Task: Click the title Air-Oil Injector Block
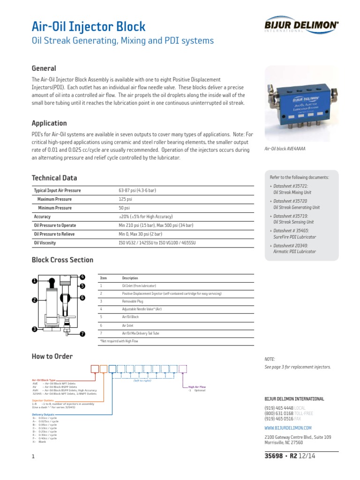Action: tap(89, 26)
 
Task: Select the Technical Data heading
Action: tap(54, 178)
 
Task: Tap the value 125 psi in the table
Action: tap(126, 199)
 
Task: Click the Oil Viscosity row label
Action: tap(45, 243)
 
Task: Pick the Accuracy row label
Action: tap(42, 217)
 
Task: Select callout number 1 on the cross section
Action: tap(34, 280)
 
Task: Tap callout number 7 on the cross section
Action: tap(82, 334)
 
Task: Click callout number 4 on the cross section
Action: tap(82, 277)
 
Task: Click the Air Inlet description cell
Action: tap(128, 325)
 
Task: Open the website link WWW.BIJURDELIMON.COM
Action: tap(288, 428)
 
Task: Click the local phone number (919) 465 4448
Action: tap(279, 408)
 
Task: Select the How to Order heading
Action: tap(52, 356)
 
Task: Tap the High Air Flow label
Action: tap(197, 387)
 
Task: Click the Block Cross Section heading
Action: tap(62, 260)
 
